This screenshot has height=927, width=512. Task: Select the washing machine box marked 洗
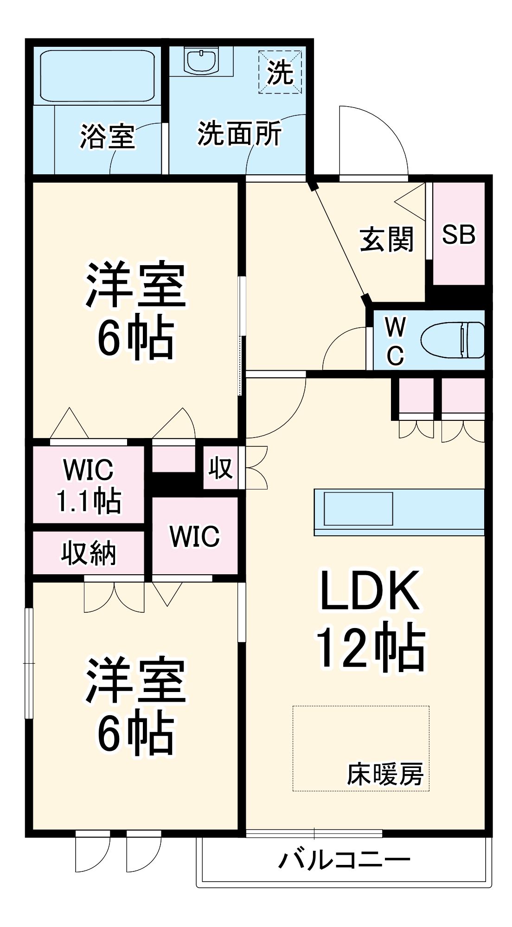280,72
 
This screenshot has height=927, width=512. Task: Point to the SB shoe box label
458,235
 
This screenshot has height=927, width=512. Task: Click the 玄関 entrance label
386,240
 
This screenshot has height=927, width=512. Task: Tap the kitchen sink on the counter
358,508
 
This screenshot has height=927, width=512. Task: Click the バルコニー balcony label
344,860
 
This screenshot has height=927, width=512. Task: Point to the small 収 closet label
220,468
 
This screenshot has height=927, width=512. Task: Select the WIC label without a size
194,536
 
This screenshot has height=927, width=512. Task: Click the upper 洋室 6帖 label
135,311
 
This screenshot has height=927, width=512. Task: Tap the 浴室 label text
107,136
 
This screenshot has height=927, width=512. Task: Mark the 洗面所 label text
239,134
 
